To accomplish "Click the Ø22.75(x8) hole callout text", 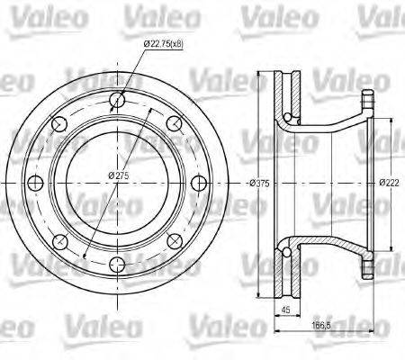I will click(x=164, y=43).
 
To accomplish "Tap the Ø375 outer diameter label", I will click(x=260, y=183).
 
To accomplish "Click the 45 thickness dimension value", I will click(x=286, y=310).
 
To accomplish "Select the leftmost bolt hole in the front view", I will click(x=37, y=184).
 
